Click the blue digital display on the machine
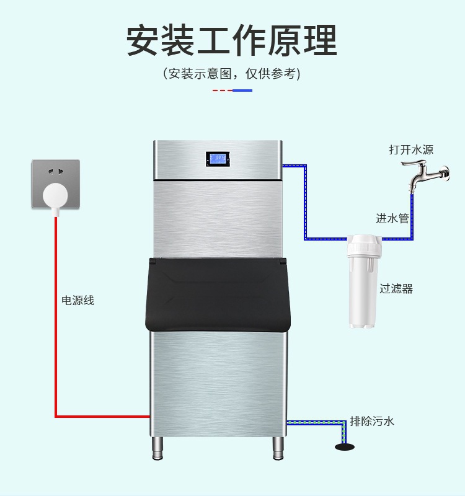point(218,159)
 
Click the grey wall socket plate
point(56,184)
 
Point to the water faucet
point(425,175)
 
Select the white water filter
point(364,281)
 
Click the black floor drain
point(345,446)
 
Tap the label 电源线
point(78,300)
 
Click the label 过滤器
point(396,288)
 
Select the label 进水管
point(392,218)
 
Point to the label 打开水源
point(411,149)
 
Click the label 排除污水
point(372,421)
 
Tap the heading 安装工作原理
point(232,40)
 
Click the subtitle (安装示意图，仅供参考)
point(232,73)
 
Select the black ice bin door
point(218,294)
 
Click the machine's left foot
point(157,448)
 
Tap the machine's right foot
point(278,448)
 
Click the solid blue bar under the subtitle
point(242,91)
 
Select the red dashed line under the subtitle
point(223,91)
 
